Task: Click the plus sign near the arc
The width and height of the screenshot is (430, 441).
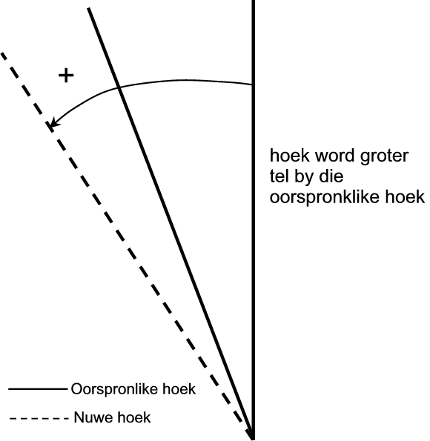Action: (66, 76)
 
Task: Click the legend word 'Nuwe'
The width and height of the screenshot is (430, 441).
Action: (93, 417)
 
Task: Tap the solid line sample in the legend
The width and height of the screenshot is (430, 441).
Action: (38, 389)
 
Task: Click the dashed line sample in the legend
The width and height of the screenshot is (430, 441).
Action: (39, 419)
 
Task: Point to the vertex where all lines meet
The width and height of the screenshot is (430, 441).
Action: (252, 437)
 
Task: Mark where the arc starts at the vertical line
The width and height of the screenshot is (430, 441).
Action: (251, 84)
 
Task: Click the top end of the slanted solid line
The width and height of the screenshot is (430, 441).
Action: (89, 8)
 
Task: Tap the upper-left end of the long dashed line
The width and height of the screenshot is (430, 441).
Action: (1, 53)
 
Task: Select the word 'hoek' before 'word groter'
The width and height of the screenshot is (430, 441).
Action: (290, 156)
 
